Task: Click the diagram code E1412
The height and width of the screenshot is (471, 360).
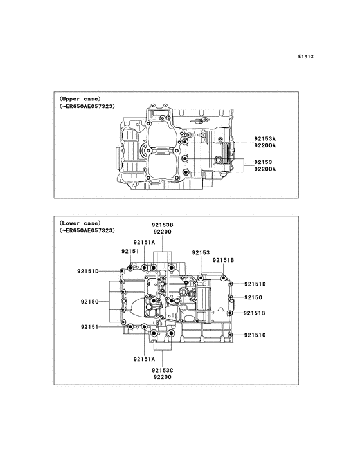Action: click(305, 57)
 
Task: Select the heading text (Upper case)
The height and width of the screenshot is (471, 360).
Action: click(80, 98)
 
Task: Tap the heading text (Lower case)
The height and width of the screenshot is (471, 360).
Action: click(80, 223)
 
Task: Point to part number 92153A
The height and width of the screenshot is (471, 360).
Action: click(264, 138)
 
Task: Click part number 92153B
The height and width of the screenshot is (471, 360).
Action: click(163, 225)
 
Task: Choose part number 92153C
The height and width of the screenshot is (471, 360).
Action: click(163, 370)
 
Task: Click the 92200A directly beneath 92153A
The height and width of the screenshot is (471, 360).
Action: click(264, 145)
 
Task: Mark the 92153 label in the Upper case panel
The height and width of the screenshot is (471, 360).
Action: click(262, 162)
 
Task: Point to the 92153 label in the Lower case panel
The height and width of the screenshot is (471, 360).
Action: click(201, 253)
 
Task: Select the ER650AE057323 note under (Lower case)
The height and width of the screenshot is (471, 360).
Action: click(87, 230)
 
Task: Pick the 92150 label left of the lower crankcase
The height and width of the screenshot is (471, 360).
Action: click(90, 301)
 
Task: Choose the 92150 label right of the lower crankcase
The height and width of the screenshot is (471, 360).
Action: click(253, 298)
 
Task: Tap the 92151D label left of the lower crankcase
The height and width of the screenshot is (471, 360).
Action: click(88, 271)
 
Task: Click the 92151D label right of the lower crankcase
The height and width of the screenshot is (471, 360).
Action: click(255, 284)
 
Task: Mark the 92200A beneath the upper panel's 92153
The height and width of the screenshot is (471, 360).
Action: click(264, 169)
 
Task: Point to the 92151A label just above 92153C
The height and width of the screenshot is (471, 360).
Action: click(145, 359)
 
